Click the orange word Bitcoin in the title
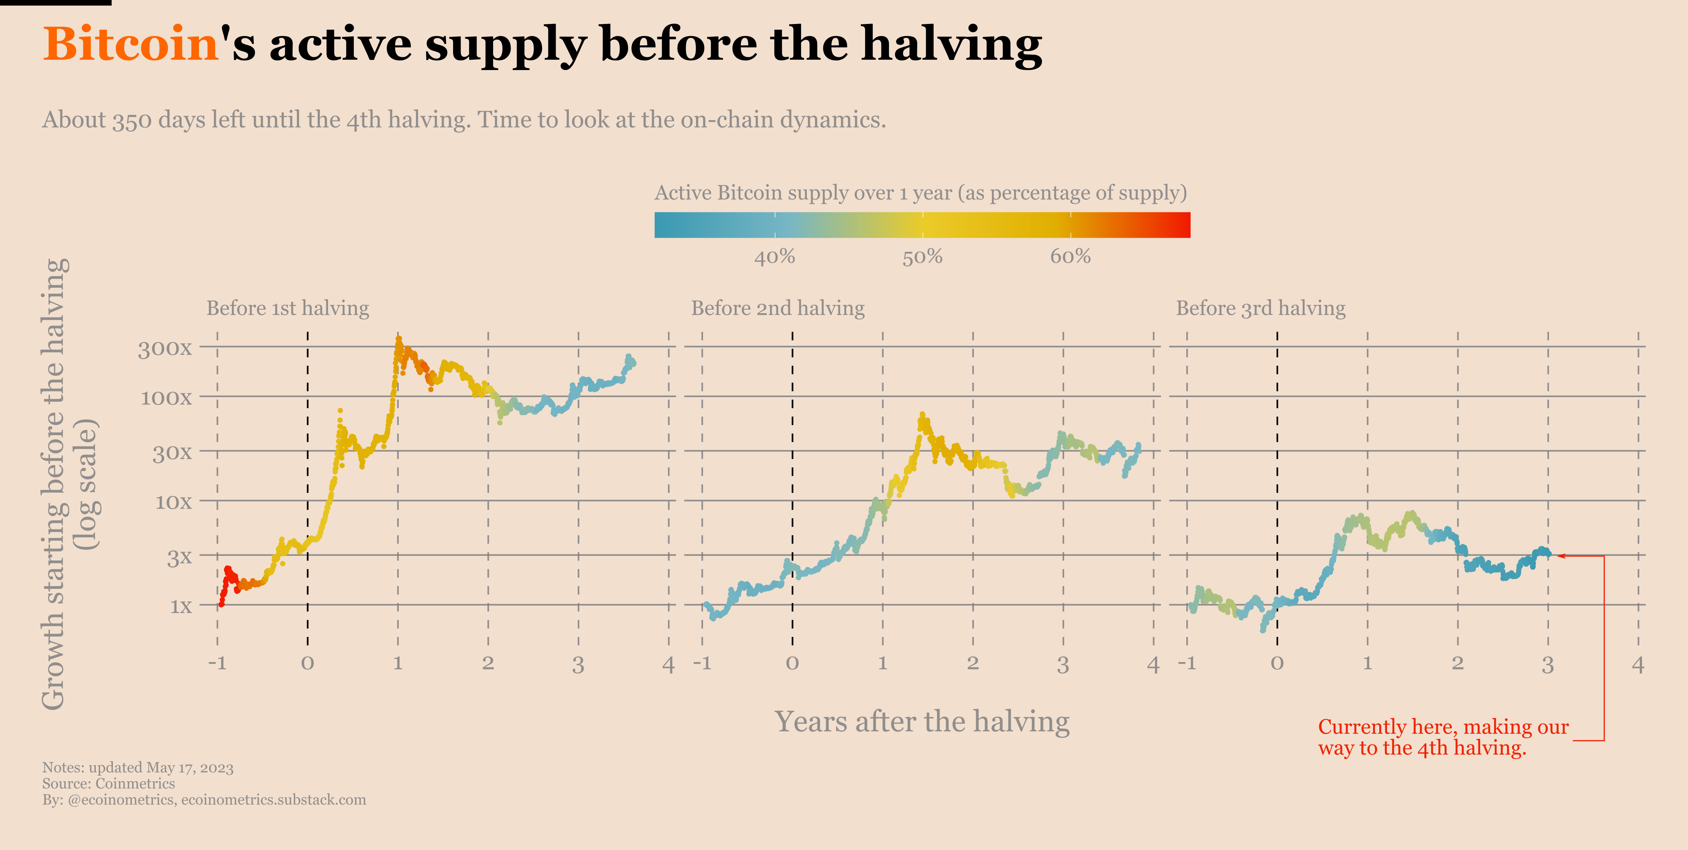[130, 45]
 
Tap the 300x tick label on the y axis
[164, 349]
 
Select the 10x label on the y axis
[173, 502]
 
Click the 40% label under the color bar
[775, 256]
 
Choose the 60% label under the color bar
[1070, 256]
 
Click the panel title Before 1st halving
[288, 308]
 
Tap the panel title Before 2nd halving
[778, 308]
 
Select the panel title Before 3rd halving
[1261, 308]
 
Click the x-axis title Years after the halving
[922, 722]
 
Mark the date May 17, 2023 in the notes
[190, 767]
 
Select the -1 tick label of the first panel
[217, 663]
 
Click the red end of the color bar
[1180, 225]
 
